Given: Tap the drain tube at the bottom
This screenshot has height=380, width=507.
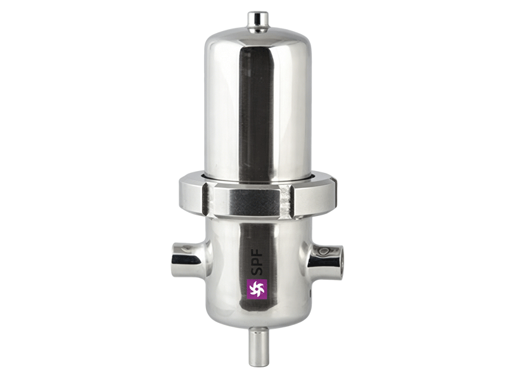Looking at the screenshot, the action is click(259, 346).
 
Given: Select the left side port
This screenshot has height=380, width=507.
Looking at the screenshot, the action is click(188, 260).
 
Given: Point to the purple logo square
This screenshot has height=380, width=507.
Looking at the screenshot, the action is click(257, 289).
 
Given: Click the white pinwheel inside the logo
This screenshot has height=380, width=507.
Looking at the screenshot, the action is click(257, 289).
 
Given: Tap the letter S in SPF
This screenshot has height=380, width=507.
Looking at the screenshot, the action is click(259, 270).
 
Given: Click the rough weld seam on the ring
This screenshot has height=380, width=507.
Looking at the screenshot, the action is click(286, 200).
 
